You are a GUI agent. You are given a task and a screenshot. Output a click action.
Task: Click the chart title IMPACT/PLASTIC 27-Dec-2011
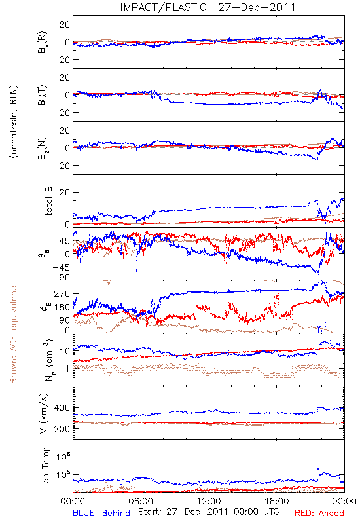click(207, 7)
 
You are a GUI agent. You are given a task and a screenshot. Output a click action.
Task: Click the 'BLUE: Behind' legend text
click(101, 513)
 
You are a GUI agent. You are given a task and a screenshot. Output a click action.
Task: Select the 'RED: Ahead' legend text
click(319, 513)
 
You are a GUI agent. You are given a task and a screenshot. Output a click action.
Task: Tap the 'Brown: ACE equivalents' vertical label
click(13, 333)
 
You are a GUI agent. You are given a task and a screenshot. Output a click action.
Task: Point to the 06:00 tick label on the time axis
click(141, 501)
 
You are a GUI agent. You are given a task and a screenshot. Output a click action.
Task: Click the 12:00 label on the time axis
click(209, 501)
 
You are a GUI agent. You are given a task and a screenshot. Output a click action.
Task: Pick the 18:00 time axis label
click(277, 501)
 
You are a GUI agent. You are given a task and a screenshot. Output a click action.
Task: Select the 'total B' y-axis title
click(48, 201)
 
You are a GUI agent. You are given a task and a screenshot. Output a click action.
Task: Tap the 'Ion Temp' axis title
click(45, 466)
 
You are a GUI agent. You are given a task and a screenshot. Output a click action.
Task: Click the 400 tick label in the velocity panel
click(62, 408)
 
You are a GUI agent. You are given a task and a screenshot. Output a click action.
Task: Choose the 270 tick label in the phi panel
click(62, 294)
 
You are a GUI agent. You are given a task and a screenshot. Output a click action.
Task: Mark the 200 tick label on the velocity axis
click(62, 429)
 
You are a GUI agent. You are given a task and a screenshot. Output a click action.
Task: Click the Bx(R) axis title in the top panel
click(43, 43)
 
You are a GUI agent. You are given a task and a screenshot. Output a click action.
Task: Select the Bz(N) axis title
click(43, 148)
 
